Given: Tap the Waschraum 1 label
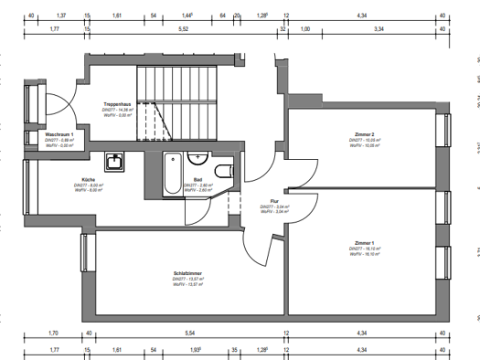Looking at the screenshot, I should click(59, 133).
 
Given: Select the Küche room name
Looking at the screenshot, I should click(88, 179).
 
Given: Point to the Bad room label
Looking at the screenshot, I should click(197, 179).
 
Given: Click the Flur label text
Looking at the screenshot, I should click(273, 201).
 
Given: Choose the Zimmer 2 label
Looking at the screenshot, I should click(366, 135).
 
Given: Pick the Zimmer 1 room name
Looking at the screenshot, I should click(366, 242).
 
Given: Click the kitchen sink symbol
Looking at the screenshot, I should click(116, 163).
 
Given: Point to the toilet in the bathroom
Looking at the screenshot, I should click(224, 170).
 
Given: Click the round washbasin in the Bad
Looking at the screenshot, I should click(200, 158).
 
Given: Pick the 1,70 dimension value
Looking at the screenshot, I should click(53, 334).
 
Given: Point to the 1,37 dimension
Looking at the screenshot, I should click(61, 16).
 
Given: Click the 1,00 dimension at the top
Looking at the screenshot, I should click(305, 29).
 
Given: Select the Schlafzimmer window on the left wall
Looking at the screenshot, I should click(86, 252).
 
